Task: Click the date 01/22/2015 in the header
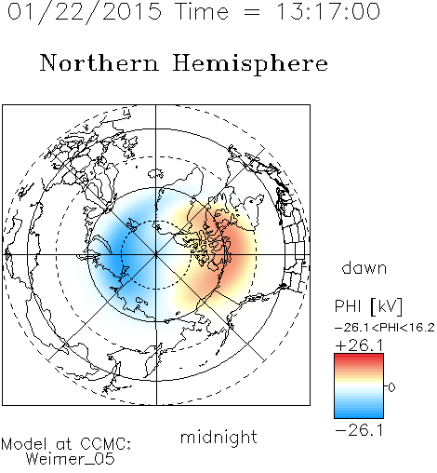pos(85,12)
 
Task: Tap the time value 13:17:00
pos(328,11)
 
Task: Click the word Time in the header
pos(202,11)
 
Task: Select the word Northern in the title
pos(99,62)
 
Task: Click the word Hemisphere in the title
pos(250,64)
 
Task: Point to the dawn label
pos(364,267)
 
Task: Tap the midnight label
pos(218,437)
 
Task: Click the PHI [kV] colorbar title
pos(368,306)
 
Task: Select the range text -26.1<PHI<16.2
pos(385,328)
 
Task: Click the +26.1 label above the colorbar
pos(359,345)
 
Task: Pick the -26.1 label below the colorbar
pos(359,430)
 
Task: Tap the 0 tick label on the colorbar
pos(391,387)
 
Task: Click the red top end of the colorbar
pos(359,356)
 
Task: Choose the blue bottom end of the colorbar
pos(359,416)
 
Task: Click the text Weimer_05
pos(71,459)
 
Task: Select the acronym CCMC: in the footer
pos(106,444)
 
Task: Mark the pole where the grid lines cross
pos(156,255)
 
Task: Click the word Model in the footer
pos(24,444)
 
